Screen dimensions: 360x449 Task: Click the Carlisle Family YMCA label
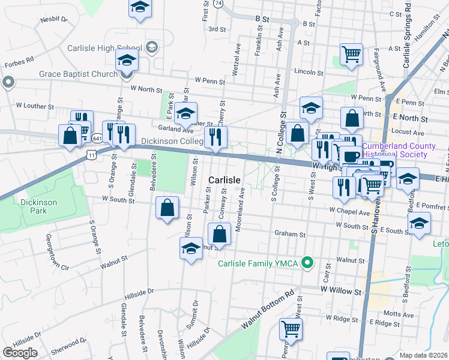pos(258,263)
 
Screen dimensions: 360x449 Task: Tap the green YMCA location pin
pos(307,262)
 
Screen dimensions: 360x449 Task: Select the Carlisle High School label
pos(104,48)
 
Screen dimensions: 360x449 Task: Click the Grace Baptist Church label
pos(78,75)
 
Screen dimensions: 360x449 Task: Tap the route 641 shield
pos(97,138)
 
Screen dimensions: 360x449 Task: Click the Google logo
pos(20,353)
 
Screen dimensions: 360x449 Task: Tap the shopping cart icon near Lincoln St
pos(351,54)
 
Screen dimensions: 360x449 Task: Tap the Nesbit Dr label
pos(54,20)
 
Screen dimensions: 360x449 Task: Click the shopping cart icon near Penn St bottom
pos(291,329)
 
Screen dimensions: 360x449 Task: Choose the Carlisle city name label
pos(224,180)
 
